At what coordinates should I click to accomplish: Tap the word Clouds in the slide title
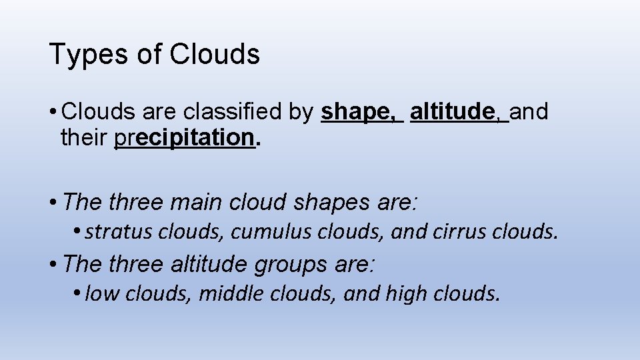pyautogui.click(x=215, y=54)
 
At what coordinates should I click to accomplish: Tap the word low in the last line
pyautogui.click(x=98, y=293)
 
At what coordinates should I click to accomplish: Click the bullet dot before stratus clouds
pyautogui.click(x=78, y=231)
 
